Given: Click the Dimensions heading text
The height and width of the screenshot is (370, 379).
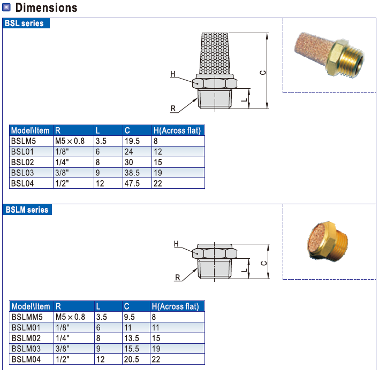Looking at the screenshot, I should coord(47,7).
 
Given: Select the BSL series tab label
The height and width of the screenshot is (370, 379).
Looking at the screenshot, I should coord(25,24).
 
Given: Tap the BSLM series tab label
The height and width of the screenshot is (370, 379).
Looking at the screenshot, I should coord(27,210).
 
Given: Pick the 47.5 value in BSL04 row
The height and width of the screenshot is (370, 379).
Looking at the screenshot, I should coord(132,183).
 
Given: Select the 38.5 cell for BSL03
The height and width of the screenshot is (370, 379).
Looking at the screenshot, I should coord(132,173).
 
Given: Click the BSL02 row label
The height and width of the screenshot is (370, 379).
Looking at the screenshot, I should coord(21,163).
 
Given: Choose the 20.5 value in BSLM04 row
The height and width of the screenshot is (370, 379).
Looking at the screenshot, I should coord(132,360).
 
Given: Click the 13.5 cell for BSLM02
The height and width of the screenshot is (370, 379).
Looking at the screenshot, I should coord(132,338).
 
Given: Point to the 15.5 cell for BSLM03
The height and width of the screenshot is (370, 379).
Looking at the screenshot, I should coord(132,349).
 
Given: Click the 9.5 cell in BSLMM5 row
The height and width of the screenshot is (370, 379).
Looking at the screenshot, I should coord(130,317).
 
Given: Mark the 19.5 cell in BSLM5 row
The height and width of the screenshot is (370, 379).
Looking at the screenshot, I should coord(132,141).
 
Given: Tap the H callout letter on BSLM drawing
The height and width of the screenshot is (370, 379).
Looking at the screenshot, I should coord(176,244).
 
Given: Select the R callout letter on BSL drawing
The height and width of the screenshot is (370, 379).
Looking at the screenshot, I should coord(173,109).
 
